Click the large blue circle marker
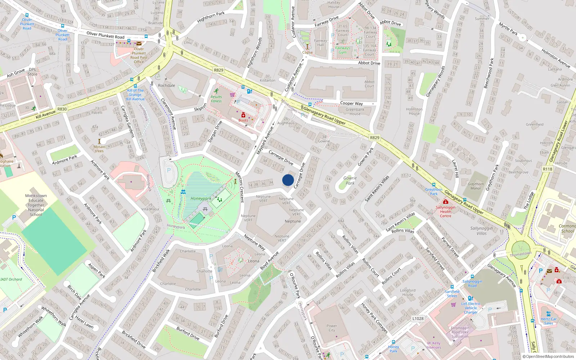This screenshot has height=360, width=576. tap(288, 180)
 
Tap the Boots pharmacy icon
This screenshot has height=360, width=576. tap(243, 115)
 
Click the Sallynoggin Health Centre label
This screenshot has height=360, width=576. tap(445, 211)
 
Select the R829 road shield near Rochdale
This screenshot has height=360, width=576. tap(218, 70)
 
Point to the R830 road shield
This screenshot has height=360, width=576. tap(62, 109)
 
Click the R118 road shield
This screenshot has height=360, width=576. tap(547, 169)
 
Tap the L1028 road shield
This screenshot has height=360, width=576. tap(418, 318)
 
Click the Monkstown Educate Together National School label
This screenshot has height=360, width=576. tap(36, 205)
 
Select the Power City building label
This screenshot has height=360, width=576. tap(332, 328)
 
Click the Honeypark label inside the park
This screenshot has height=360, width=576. tap(201, 198)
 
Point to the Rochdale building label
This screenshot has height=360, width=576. tap(166, 86)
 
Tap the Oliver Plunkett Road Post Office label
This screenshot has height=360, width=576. tap(139, 55)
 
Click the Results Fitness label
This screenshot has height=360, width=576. tap(216, 99)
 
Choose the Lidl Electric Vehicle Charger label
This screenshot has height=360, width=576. tap(471, 308)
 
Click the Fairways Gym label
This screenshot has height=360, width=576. tap(342, 50)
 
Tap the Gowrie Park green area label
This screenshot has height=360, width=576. tap(350, 180)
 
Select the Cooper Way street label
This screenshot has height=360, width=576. tap(351, 103)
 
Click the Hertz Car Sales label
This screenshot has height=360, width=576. tap(549, 321)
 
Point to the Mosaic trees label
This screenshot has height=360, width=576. tap(99, 149)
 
